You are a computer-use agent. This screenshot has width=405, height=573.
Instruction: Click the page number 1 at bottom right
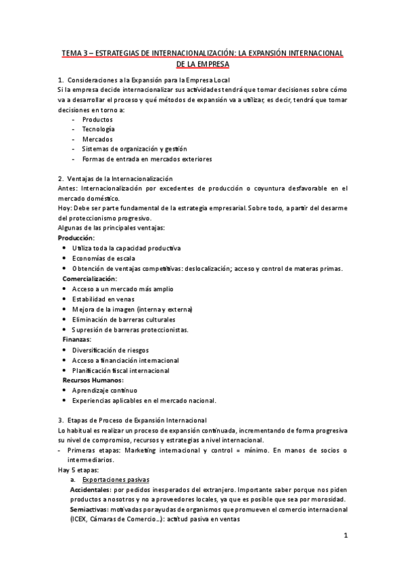[x=346, y=537]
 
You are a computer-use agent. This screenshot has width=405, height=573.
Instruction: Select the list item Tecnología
[x=98, y=129]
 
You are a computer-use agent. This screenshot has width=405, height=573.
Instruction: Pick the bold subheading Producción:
[x=76, y=239]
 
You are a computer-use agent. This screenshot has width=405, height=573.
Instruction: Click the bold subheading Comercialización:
[x=90, y=278]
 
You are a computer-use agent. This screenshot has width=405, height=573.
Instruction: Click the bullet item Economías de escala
[x=104, y=258]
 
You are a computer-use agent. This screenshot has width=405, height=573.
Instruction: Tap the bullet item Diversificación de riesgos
[x=110, y=350]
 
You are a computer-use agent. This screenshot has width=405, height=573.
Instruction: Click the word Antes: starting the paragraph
[x=68, y=189]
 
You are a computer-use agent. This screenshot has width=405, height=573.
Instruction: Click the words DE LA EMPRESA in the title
[x=202, y=65]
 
